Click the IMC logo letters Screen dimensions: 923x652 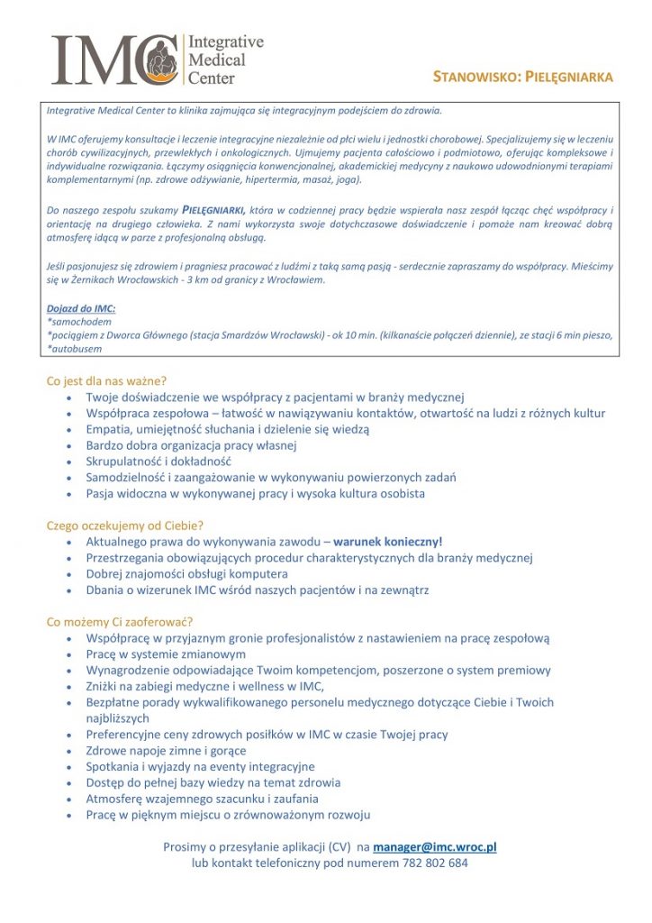click(x=113, y=59)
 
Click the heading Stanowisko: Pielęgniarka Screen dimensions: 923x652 click(x=522, y=78)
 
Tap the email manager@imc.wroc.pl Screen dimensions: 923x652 click(x=435, y=846)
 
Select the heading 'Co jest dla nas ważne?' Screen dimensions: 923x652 click(x=107, y=380)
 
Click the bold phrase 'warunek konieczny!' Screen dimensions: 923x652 click(x=388, y=542)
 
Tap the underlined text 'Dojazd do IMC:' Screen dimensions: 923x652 click(x=81, y=309)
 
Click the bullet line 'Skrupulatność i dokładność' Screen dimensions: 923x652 click(x=159, y=461)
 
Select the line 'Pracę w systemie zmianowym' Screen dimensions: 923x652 click(x=166, y=654)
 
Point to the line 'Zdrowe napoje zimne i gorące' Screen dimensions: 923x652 click(x=166, y=750)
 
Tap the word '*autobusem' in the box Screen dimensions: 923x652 click(x=75, y=348)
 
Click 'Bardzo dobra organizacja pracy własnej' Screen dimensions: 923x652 click(x=191, y=445)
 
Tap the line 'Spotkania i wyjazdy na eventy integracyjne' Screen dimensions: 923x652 click(x=201, y=766)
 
